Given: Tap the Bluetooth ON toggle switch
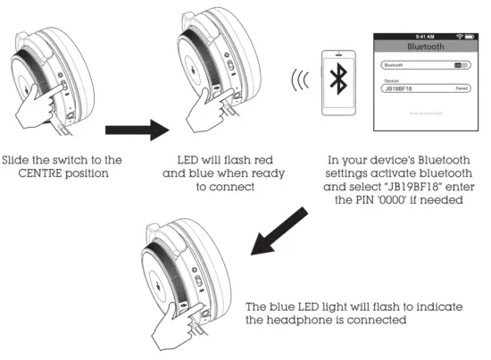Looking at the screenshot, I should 461,65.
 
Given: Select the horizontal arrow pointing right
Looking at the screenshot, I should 132,130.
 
